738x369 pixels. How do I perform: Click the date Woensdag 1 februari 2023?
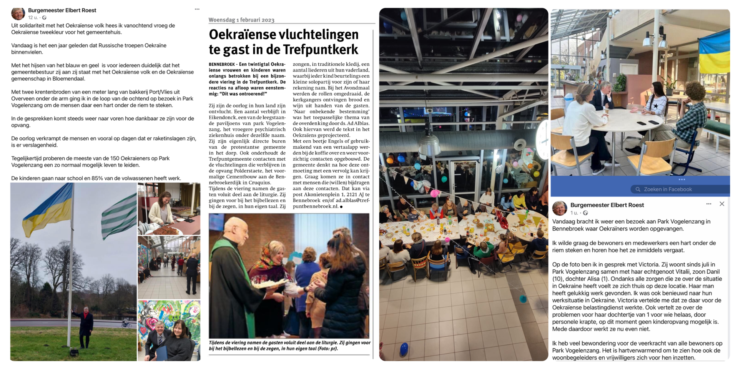point(241,20)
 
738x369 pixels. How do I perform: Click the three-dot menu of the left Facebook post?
point(197,9)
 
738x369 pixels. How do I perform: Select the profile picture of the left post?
point(18,13)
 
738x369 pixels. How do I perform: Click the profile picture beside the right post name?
point(559,208)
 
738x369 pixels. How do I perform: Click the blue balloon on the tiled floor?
point(404,349)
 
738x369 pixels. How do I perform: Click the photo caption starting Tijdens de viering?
point(289,345)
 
